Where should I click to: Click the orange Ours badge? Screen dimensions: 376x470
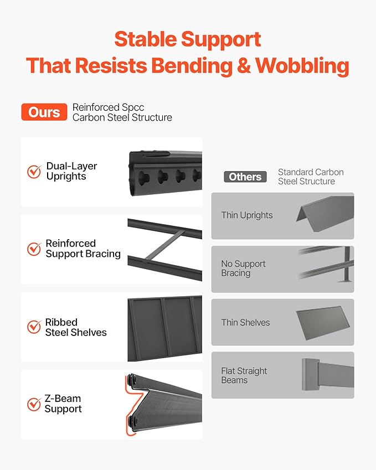(44, 112)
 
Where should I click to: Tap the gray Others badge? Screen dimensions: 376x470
(245, 177)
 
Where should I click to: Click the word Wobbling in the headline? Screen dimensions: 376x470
(302, 65)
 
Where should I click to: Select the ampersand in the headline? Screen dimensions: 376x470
(244, 66)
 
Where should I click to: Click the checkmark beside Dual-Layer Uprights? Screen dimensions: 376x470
(34, 172)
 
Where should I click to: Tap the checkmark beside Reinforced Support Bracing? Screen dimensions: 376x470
(34, 249)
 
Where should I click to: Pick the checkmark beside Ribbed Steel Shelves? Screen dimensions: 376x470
(34, 327)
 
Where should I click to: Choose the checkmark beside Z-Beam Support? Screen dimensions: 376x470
(34, 404)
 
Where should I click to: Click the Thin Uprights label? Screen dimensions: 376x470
(247, 215)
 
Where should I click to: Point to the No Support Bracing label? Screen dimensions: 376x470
(243, 268)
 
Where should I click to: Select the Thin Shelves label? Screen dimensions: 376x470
(245, 323)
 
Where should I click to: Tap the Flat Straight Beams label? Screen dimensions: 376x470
(244, 375)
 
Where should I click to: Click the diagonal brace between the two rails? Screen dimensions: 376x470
(164, 245)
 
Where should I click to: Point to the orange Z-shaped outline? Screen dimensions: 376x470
(134, 405)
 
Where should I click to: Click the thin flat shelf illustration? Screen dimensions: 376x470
(323, 323)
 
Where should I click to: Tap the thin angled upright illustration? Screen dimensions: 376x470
(325, 214)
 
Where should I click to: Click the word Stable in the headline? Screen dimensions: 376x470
(146, 39)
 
